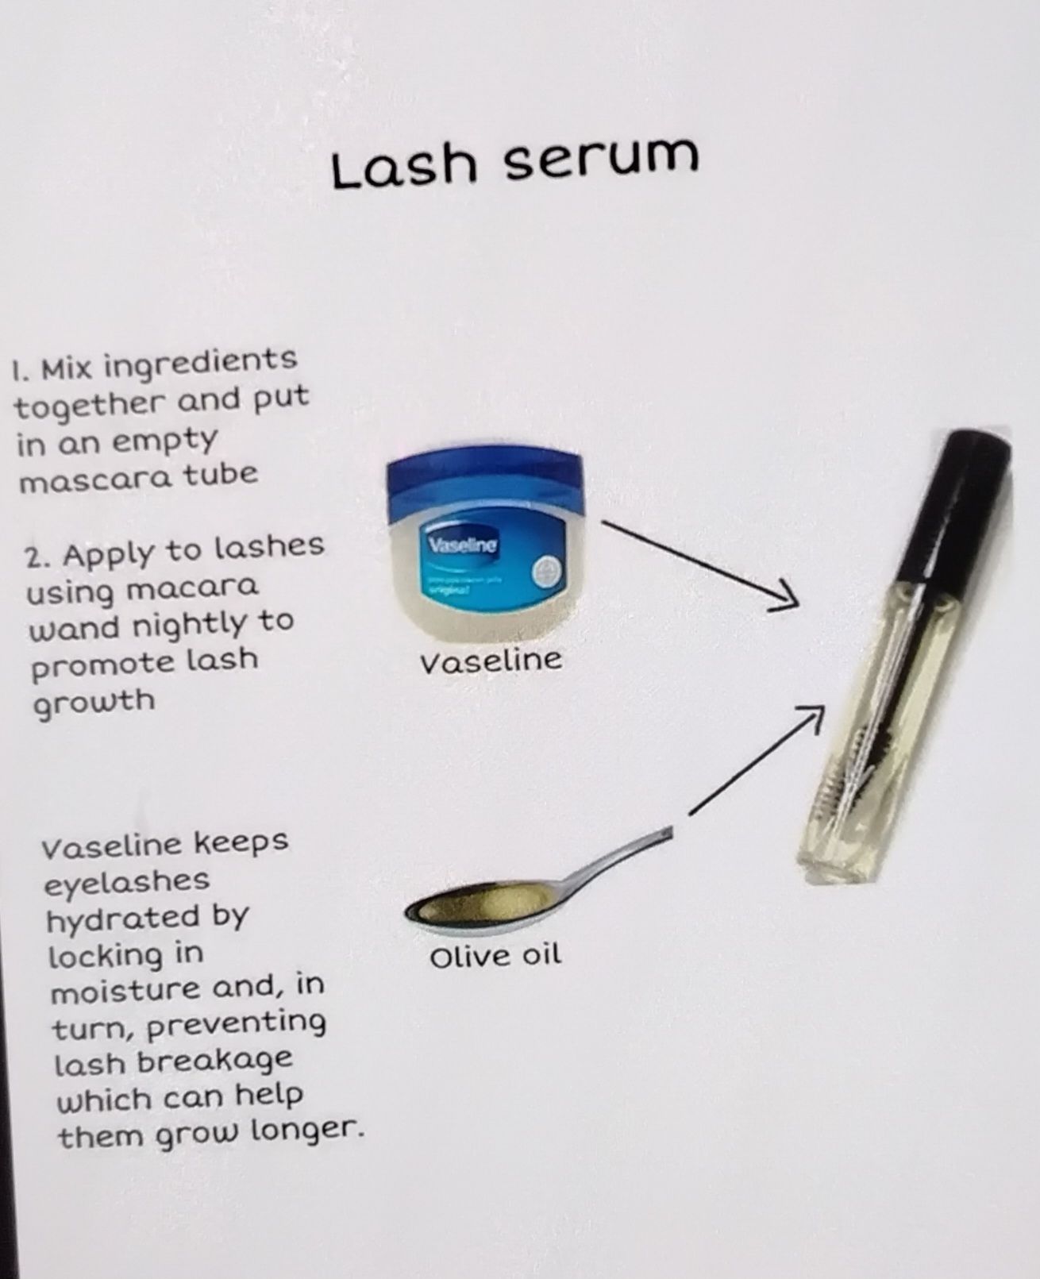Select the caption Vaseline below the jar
pyautogui.click(x=491, y=661)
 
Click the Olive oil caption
pyautogui.click(x=495, y=955)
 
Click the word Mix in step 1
pyautogui.click(x=67, y=368)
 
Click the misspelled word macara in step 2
pyautogui.click(x=192, y=587)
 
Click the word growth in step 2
pyautogui.click(x=94, y=703)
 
